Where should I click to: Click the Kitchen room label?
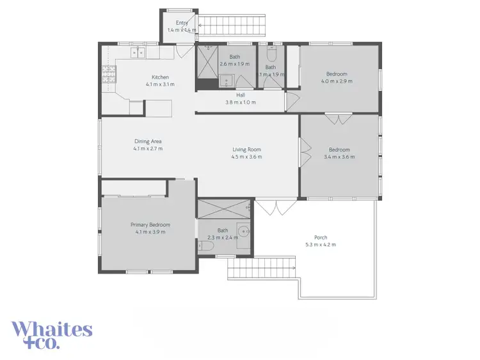click(x=159, y=77)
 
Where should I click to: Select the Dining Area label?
click(x=148, y=141)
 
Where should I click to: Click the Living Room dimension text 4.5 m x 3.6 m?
click(x=246, y=157)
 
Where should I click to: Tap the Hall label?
click(x=241, y=95)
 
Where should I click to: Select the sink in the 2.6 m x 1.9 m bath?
click(x=226, y=80)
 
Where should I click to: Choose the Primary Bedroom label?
click(x=150, y=224)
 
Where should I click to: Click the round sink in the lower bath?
click(x=243, y=231)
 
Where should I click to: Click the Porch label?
click(x=321, y=237)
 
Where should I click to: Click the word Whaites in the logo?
click(x=52, y=330)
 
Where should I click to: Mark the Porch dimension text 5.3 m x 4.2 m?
click(x=321, y=244)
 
